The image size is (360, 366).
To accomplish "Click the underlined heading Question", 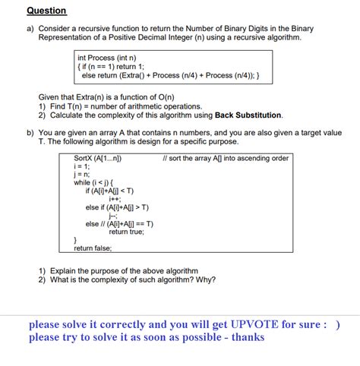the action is [46, 11].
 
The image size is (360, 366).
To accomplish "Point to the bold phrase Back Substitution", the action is [248, 115].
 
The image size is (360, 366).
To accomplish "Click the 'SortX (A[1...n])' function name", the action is [98, 159].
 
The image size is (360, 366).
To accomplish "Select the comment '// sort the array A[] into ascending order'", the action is [226, 159].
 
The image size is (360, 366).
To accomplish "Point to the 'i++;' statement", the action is [115, 199].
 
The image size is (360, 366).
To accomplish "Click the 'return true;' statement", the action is [126, 232].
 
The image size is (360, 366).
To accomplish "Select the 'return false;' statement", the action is [93, 248].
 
